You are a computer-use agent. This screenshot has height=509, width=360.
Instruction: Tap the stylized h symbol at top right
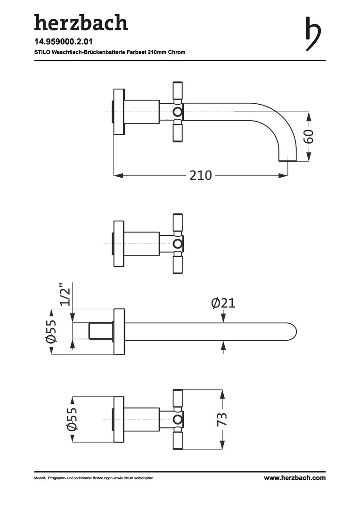(x=313, y=33)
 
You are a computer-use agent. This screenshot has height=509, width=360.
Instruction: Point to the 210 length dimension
(x=201, y=176)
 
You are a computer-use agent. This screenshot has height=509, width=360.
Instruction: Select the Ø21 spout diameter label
(x=223, y=303)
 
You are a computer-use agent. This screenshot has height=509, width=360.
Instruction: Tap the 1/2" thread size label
(x=65, y=295)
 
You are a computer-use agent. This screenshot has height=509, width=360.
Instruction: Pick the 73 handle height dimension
(x=222, y=419)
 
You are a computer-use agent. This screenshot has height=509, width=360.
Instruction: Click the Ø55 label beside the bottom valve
(x=72, y=419)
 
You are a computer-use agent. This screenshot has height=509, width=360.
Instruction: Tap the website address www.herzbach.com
(x=295, y=478)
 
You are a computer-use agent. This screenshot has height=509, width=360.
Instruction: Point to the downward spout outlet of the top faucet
(x=288, y=157)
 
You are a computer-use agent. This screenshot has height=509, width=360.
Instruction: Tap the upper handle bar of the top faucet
(x=177, y=91)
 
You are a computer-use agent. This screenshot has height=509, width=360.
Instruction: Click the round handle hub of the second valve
(x=178, y=244)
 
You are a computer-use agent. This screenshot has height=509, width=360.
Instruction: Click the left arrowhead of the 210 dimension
(x=118, y=176)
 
